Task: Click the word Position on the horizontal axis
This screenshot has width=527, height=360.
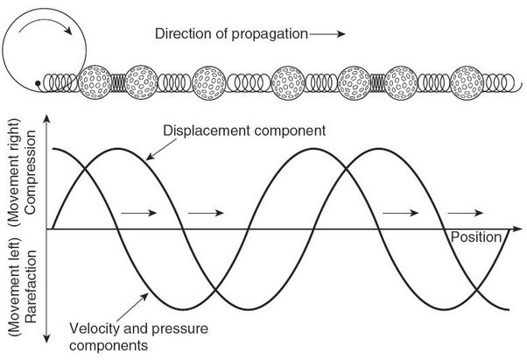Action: pyautogui.click(x=475, y=237)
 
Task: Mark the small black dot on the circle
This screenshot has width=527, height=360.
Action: pyautogui.click(x=37, y=83)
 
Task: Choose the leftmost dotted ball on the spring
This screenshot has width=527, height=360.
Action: pyautogui.click(x=93, y=81)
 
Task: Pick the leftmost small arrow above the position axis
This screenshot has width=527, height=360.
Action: pyautogui.click(x=135, y=213)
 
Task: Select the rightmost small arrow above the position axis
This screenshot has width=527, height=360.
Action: pyautogui.click(x=464, y=213)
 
